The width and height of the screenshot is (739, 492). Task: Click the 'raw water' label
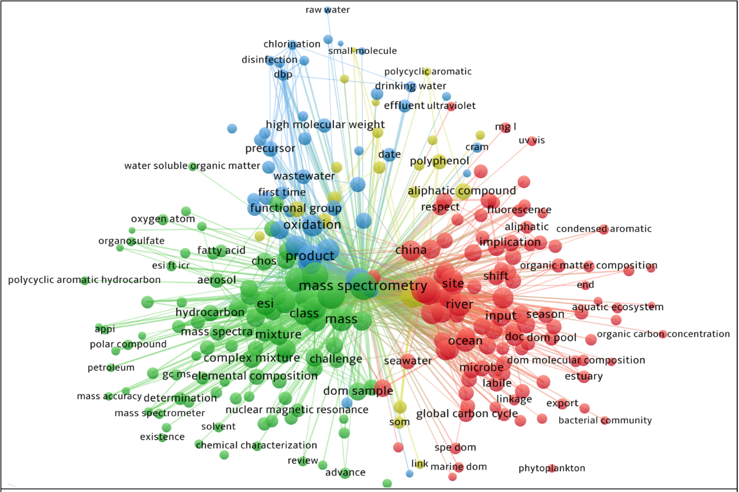tap(328, 10)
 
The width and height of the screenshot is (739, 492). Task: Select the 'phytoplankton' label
tap(552, 468)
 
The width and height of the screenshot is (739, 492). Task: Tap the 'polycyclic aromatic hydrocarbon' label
tap(84, 280)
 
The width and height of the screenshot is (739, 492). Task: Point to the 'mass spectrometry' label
tap(363, 286)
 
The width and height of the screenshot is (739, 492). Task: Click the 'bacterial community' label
tap(605, 420)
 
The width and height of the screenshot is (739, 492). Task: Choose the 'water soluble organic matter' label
tap(192, 166)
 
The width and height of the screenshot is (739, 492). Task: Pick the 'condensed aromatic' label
tap(604, 229)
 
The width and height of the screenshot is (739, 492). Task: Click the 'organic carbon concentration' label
tap(663, 334)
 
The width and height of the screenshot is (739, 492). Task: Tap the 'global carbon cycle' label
tap(467, 414)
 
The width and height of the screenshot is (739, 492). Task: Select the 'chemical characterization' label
tap(257, 445)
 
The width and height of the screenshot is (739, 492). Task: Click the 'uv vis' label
tap(532, 141)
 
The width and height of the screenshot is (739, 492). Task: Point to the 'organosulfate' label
tap(132, 241)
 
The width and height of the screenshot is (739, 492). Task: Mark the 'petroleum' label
tap(111, 368)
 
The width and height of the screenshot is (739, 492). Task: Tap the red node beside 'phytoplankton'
tap(552, 468)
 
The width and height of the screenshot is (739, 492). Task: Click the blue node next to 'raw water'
tap(328, 10)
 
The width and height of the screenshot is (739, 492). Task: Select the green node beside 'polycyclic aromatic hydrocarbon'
tap(85, 280)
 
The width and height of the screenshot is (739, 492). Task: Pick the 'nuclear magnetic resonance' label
tap(297, 409)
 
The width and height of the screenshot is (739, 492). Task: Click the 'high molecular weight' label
tap(325, 124)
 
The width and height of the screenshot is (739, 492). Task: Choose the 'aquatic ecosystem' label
tap(617, 307)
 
